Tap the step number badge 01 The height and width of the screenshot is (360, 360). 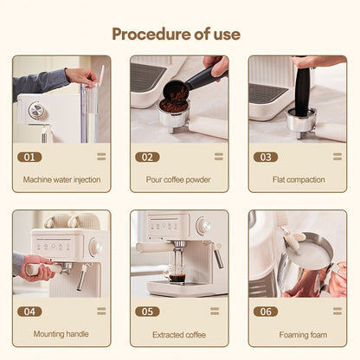29,157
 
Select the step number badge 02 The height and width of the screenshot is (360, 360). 147,157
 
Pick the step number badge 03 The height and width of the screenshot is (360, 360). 266,157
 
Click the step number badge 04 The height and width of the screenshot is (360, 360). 29,312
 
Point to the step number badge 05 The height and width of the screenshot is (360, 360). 147,312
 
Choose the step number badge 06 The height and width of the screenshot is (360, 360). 266,312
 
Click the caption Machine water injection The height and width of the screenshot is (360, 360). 61,180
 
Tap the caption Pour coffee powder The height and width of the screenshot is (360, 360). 178,180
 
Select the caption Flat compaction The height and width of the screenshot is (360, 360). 299,180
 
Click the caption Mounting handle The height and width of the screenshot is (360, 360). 61,334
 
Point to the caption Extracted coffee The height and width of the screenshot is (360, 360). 179,335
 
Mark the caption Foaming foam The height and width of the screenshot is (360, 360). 303,335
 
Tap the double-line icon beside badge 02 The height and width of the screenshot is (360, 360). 219,157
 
